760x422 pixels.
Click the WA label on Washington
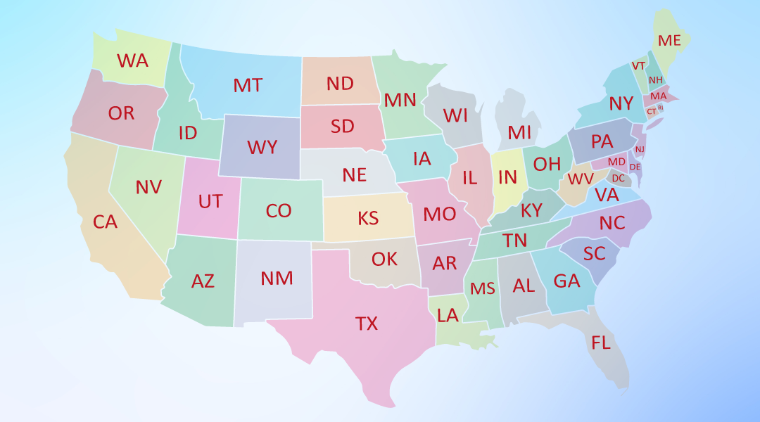pyautogui.click(x=133, y=60)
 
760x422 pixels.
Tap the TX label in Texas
pyautogui.click(x=366, y=324)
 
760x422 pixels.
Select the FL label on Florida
pyautogui.click(x=601, y=343)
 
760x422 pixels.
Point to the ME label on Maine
pyautogui.click(x=669, y=41)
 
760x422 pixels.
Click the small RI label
pyautogui.click(x=660, y=108)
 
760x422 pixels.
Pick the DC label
pyautogui.click(x=618, y=178)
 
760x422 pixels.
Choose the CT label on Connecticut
pyautogui.click(x=651, y=111)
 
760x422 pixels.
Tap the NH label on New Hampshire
pyautogui.click(x=655, y=80)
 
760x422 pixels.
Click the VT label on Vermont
pyautogui.click(x=638, y=65)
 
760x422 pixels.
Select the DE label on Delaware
pyautogui.click(x=635, y=167)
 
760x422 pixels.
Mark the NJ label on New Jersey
pyautogui.click(x=640, y=149)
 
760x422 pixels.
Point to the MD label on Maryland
pyautogui.click(x=616, y=162)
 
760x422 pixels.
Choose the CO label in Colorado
pyautogui.click(x=279, y=210)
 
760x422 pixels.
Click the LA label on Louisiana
pyautogui.click(x=448, y=315)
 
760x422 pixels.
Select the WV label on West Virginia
pyautogui.click(x=581, y=178)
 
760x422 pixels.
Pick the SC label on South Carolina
pyautogui.click(x=595, y=252)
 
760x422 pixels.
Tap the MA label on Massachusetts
pyautogui.click(x=659, y=96)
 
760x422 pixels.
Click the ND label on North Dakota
pyautogui.click(x=340, y=84)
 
